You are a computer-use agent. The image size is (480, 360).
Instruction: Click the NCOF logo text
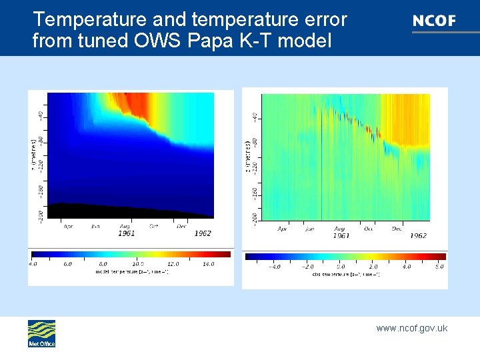tap(434, 21)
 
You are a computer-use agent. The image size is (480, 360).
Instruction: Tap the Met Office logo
tap(41, 333)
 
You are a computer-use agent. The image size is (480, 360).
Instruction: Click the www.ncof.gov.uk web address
tap(411, 328)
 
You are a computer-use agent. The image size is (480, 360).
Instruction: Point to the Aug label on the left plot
tap(125, 227)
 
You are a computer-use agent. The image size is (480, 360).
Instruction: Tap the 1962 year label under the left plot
tap(202, 234)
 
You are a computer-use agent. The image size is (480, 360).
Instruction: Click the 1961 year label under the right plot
tap(340, 235)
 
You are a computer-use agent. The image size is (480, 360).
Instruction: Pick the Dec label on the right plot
tap(397, 229)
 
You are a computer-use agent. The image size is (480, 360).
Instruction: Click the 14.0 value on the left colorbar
tap(208, 264)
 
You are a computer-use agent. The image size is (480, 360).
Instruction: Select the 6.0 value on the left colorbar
tap(67, 264)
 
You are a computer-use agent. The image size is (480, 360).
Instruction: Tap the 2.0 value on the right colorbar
tap(373, 267)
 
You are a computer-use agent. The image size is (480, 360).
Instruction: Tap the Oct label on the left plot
tap(153, 227)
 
